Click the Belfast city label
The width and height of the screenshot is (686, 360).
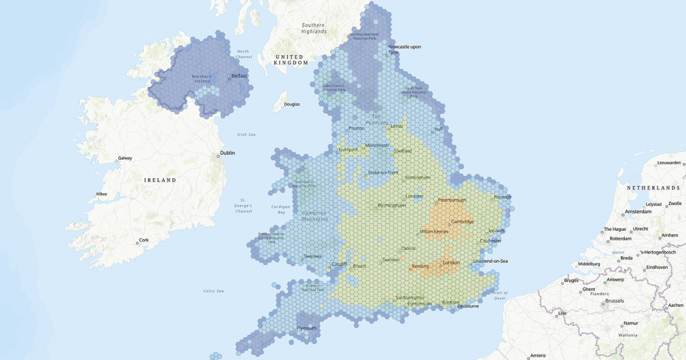tap(239, 75)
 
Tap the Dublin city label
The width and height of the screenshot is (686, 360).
tap(228, 153)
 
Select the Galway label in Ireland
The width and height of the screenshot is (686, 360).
tap(125, 158)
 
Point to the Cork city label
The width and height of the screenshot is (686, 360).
tap(143, 241)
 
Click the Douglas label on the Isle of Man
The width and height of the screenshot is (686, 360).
tap(292, 105)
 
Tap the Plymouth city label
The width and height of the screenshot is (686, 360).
tap(306, 328)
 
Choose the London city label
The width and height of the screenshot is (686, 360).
tap(451, 263)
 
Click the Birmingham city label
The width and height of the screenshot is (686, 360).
tap(392, 206)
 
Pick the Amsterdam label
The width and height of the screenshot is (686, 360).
tap(638, 211)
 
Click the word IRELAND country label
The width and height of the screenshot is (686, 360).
tap(160, 180)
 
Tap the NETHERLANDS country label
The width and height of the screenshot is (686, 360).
tap(654, 188)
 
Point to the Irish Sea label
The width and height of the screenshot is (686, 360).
tap(246, 135)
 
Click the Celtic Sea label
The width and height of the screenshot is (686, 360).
tap(214, 291)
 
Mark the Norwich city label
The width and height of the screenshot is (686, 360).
tap(503, 197)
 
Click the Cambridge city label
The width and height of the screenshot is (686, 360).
tap(462, 222)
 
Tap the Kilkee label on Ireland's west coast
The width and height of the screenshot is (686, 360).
tap(102, 194)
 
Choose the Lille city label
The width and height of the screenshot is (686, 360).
tap(562, 313)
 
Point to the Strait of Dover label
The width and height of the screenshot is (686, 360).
tap(500, 295)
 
